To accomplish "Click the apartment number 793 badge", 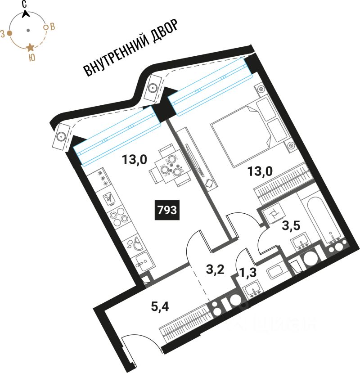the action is (x=167, y=210).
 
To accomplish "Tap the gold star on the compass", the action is (x=30, y=47).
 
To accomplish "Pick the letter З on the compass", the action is (x=3, y=33).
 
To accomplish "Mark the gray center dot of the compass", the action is (x=28, y=30).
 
